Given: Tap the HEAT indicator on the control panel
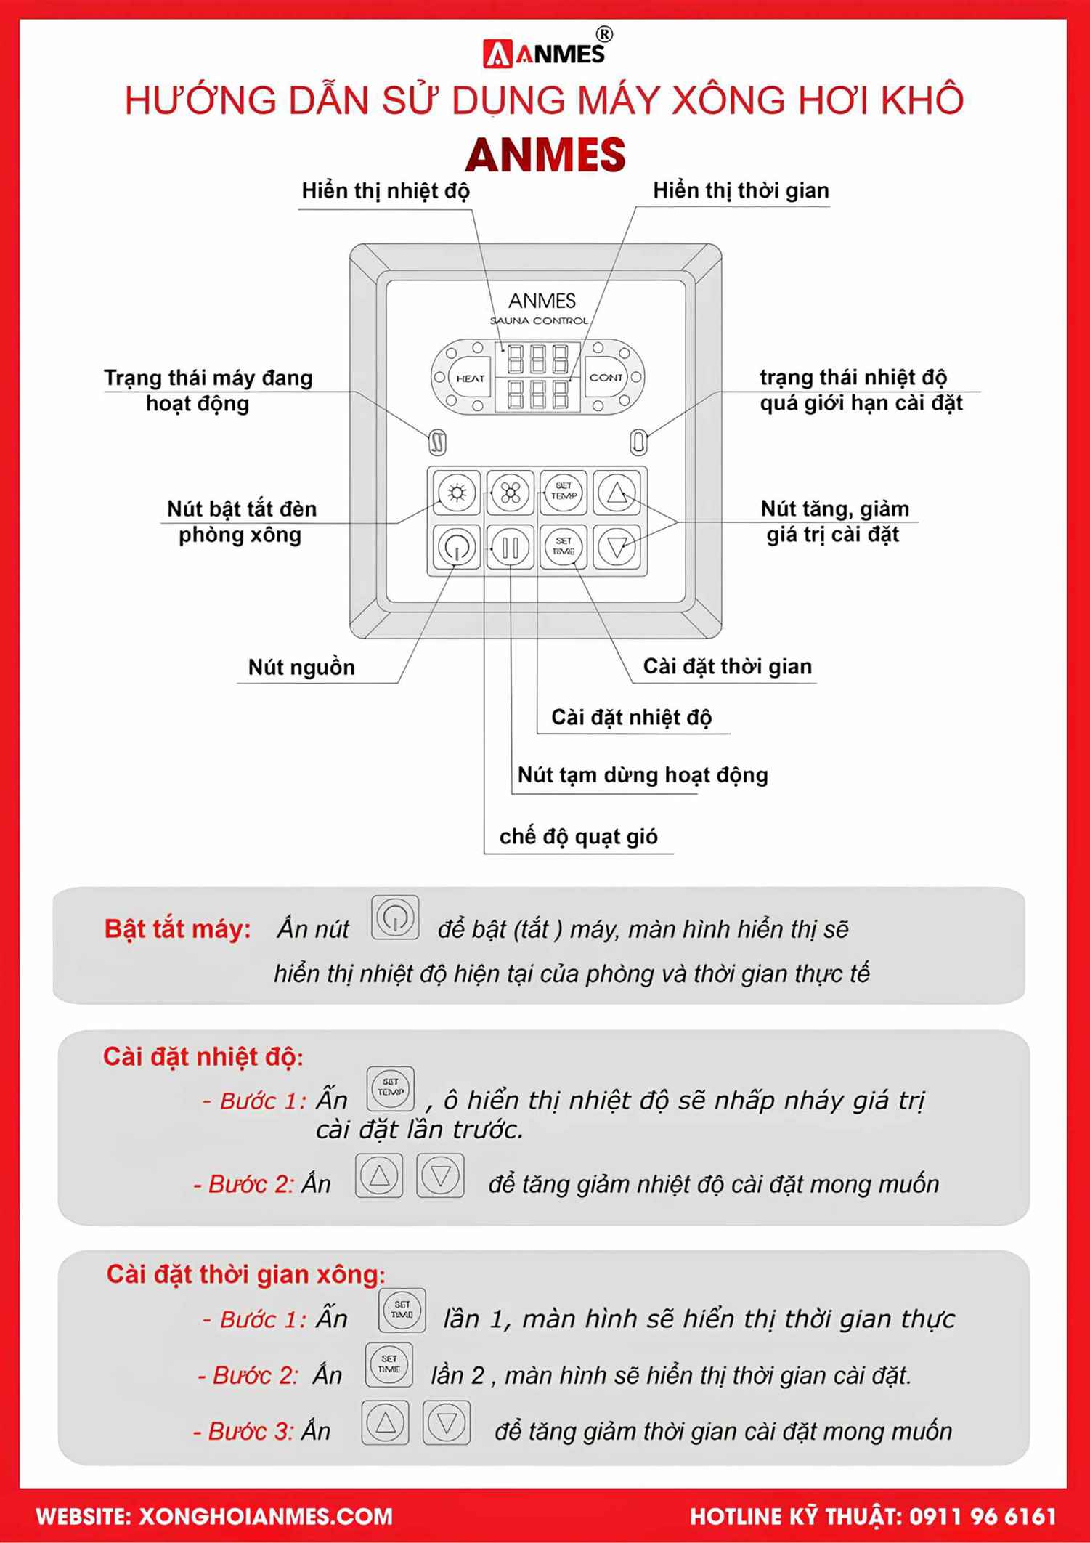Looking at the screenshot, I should [470, 378].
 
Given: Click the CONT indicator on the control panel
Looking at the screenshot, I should [606, 377].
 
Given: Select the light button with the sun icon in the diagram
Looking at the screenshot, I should [457, 493].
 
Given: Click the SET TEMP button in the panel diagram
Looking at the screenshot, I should [564, 492].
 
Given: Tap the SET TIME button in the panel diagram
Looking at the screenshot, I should [564, 546].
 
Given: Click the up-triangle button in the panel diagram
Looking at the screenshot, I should [617, 493].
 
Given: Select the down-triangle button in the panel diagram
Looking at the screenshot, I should [617, 547].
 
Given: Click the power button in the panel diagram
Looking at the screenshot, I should [456, 547].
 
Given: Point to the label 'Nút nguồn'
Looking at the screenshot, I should [301, 667].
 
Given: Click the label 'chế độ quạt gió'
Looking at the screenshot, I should [578, 836].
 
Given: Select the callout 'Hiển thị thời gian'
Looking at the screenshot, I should [740, 190].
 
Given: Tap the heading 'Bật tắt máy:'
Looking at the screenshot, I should [177, 928].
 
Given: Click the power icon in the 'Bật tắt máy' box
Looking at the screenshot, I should [395, 918].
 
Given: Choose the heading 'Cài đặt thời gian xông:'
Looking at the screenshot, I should [245, 1274].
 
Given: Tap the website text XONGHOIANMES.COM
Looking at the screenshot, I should [265, 1517].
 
